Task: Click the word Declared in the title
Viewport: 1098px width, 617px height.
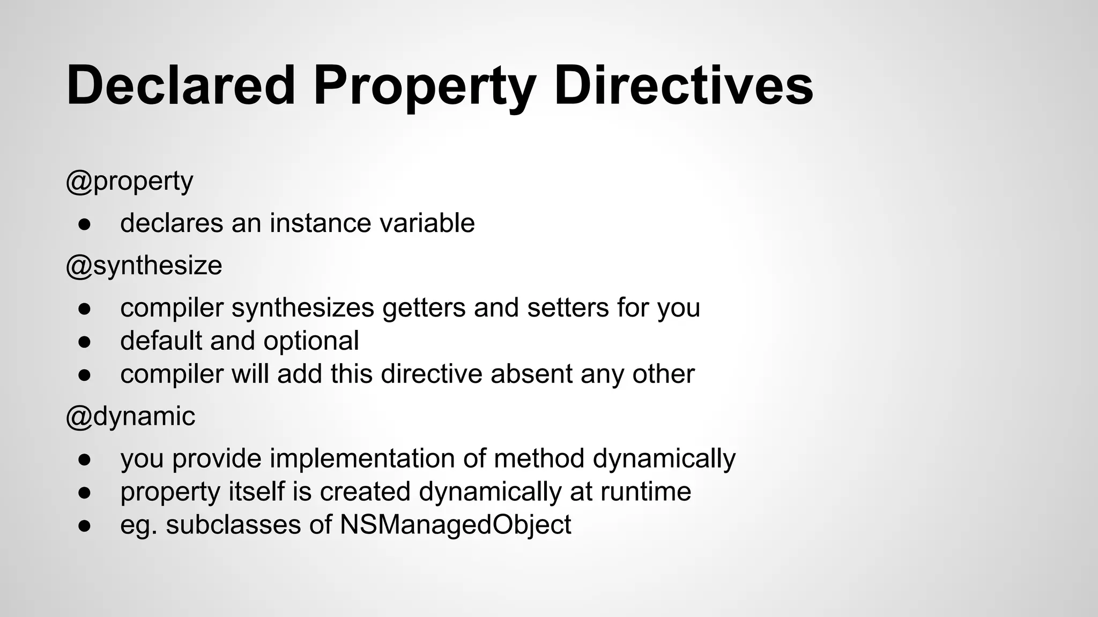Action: (x=181, y=86)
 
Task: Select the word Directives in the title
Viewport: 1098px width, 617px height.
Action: (x=683, y=86)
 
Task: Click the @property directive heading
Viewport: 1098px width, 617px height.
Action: (x=129, y=182)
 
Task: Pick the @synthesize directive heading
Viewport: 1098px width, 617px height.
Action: (x=144, y=266)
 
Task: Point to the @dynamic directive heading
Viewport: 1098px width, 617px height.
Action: (x=130, y=416)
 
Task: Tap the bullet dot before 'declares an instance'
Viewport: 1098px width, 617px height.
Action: (x=84, y=224)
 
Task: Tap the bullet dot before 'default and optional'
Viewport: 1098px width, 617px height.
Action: (x=84, y=342)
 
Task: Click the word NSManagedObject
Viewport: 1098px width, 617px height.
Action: (x=455, y=525)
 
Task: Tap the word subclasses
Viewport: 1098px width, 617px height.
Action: (x=233, y=525)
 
